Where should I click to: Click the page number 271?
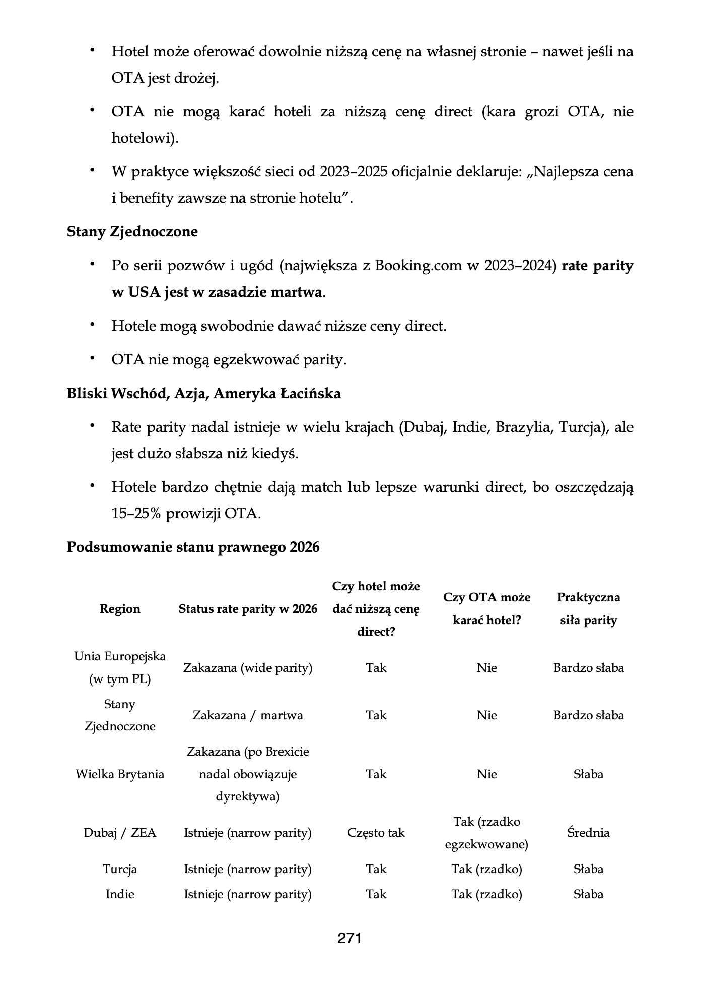click(349, 938)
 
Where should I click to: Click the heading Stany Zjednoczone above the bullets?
click(132, 232)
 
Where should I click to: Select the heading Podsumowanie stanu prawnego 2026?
click(193, 547)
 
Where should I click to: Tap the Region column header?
click(120, 609)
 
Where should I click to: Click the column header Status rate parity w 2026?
click(248, 609)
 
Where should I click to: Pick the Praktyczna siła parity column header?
click(588, 609)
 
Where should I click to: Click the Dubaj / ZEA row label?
click(120, 833)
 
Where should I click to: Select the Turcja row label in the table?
click(120, 869)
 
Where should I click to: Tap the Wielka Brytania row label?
click(120, 774)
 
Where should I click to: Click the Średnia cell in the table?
click(588, 833)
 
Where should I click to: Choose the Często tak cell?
click(376, 833)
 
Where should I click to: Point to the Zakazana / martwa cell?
click(248, 715)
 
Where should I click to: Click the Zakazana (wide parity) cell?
click(248, 668)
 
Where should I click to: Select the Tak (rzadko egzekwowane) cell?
click(486, 833)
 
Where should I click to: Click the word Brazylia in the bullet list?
click(524, 427)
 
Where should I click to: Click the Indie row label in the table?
click(120, 894)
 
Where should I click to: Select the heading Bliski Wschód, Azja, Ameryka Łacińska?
click(203, 394)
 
